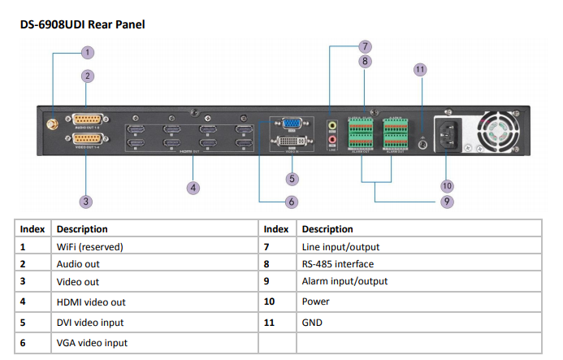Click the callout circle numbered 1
pyautogui.click(x=88, y=52)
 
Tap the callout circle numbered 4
pyautogui.click(x=193, y=188)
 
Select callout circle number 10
pyautogui.click(x=447, y=186)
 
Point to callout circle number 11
pyautogui.click(x=420, y=70)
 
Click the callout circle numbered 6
pyautogui.click(x=292, y=202)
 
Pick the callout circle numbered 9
pyautogui.click(x=447, y=202)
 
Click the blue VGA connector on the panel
pyautogui.click(x=289, y=125)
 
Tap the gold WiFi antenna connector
pyautogui.click(x=50, y=125)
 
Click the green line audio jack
pyautogui.click(x=331, y=126)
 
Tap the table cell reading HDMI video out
pyautogui.click(x=91, y=301)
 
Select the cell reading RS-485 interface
pyautogui.click(x=337, y=264)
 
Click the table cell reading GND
pyautogui.click(x=311, y=323)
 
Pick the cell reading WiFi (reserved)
pyautogui.click(x=89, y=246)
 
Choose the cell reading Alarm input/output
pyautogui.click(x=344, y=281)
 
